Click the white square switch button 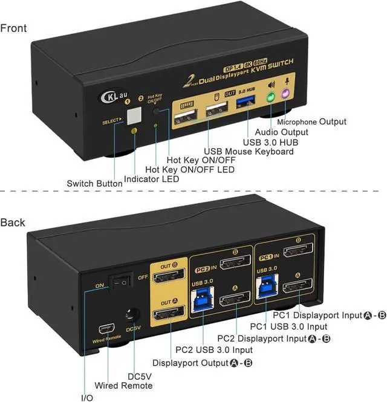(x=135, y=115)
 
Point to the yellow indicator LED (x=134, y=131)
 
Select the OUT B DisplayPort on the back (x=168, y=278)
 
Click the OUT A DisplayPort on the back (x=169, y=314)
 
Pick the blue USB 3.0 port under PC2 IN (x=202, y=300)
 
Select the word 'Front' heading (x=13, y=28)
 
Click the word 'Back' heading (x=13, y=222)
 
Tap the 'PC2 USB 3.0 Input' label (x=214, y=349)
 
